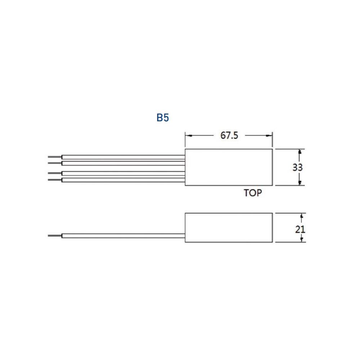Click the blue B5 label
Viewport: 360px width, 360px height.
tap(163, 118)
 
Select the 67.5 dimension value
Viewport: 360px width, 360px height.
tap(229, 135)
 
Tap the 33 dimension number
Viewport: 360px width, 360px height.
tap(298, 167)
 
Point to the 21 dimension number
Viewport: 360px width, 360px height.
tap(300, 229)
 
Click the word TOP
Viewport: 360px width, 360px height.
tap(253, 193)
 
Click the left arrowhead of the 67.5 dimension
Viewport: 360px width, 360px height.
tap(188, 136)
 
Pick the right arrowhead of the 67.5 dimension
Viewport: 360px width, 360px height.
tap(269, 136)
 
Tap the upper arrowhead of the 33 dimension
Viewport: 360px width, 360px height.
tap(300, 152)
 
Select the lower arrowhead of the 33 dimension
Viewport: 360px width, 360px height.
tap(300, 183)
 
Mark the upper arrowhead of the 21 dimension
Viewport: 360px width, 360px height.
tap(302, 216)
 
